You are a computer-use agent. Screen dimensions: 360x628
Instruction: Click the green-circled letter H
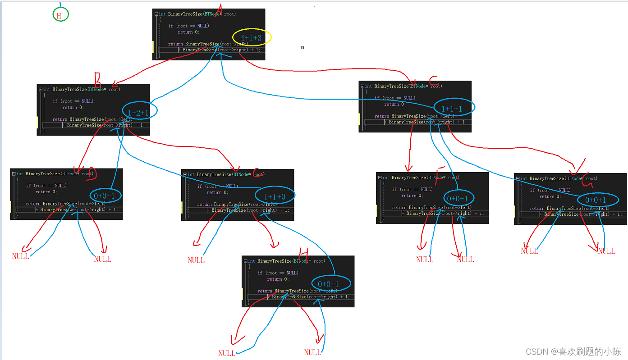(x=59, y=15)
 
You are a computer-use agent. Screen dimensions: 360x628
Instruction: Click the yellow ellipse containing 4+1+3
(x=252, y=38)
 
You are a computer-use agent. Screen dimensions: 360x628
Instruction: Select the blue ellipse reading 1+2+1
(x=139, y=110)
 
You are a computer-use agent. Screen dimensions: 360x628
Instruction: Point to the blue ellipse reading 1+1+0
(x=275, y=196)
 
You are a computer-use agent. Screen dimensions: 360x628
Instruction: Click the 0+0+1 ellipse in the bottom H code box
(x=330, y=283)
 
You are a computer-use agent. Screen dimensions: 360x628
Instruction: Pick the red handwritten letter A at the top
(x=220, y=9)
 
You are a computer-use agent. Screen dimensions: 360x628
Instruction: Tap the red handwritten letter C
(x=434, y=81)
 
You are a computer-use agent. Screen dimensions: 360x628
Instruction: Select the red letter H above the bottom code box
(x=303, y=252)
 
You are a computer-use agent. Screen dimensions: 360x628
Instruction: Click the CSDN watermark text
(x=574, y=351)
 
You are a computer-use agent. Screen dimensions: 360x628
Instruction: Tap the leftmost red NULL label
(x=21, y=256)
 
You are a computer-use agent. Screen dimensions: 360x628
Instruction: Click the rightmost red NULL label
(x=606, y=251)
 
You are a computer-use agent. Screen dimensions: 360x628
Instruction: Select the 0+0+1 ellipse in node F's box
(x=458, y=198)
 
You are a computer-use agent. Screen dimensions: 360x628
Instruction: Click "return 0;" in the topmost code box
(x=188, y=32)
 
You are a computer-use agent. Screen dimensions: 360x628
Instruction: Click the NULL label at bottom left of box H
(x=227, y=353)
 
